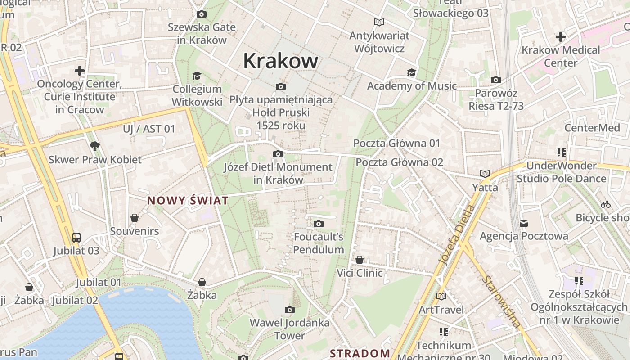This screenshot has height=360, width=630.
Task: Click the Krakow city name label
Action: pyautogui.click(x=280, y=61)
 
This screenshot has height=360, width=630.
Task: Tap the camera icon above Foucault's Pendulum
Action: pyautogui.click(x=319, y=224)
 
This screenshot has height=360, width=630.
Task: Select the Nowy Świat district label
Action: pyautogui.click(x=188, y=201)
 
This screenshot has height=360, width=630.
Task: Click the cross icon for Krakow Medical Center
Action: pyautogui.click(x=561, y=36)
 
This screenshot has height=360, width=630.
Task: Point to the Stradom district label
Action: pyautogui.click(x=360, y=353)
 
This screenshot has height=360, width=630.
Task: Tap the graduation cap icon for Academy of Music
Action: pyautogui.click(x=411, y=73)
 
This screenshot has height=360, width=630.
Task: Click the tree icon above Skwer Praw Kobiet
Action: pyautogui.click(x=94, y=146)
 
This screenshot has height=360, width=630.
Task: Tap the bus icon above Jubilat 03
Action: pyautogui.click(x=76, y=237)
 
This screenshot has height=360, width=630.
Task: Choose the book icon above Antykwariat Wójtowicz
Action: pyautogui.click(x=379, y=22)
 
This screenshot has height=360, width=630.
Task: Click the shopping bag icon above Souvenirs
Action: pyautogui.click(x=134, y=218)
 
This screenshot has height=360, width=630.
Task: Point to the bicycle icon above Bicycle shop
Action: pyautogui.click(x=606, y=204)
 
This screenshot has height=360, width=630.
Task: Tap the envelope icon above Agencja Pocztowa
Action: pyautogui.click(x=524, y=223)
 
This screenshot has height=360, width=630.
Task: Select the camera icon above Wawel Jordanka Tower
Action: pyautogui.click(x=290, y=310)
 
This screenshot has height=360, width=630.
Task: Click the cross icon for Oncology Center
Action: pyautogui.click(x=80, y=71)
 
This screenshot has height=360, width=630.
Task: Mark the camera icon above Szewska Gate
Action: pyautogui.click(x=202, y=14)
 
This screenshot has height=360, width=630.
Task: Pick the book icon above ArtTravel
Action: pyautogui.click(x=441, y=296)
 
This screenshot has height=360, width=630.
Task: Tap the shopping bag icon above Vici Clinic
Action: pyautogui.click(x=359, y=260)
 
